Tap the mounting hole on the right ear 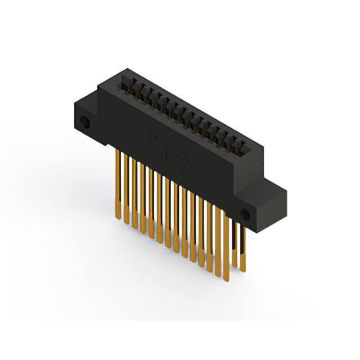pos(245,214)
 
